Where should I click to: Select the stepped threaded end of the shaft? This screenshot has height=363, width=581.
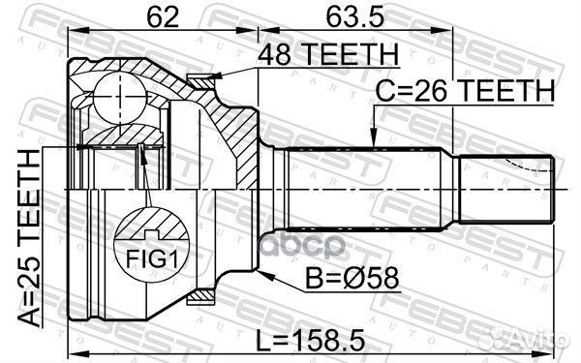pos(504,188)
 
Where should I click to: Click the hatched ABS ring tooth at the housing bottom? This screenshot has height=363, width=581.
pos(202,293)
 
